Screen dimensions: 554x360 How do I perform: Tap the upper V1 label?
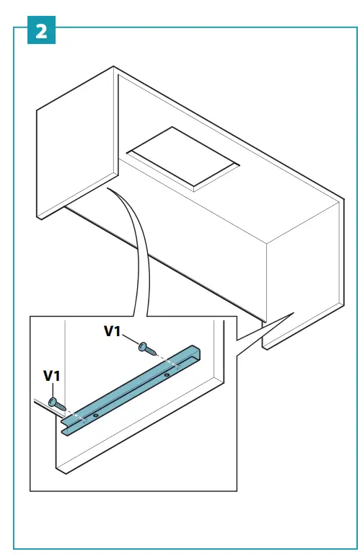[x=114, y=331]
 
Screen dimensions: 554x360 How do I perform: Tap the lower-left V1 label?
[x=53, y=376]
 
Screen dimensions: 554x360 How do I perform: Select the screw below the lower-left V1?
[x=56, y=403]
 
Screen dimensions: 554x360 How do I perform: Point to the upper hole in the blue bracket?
[x=167, y=375]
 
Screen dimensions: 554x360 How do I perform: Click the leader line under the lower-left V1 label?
[x=53, y=390]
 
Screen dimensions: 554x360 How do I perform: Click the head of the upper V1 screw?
[x=144, y=346]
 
